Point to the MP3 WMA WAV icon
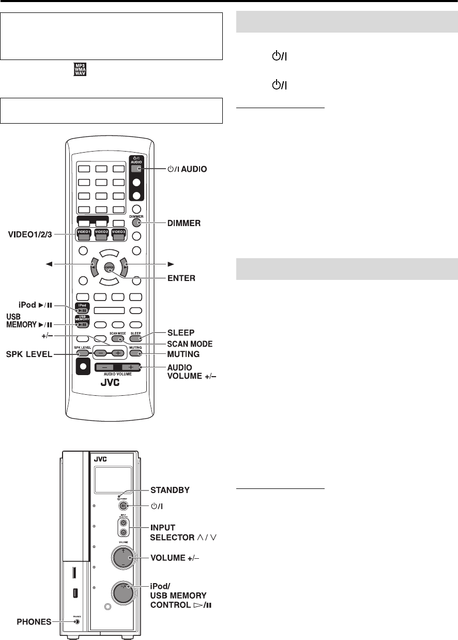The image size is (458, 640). tap(81, 69)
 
